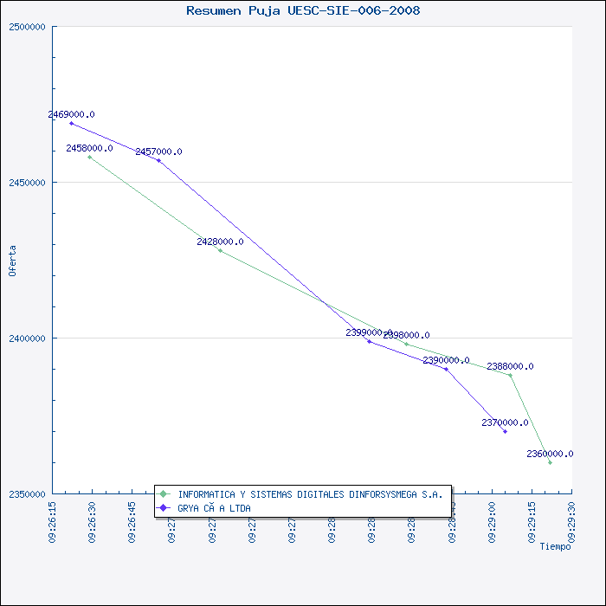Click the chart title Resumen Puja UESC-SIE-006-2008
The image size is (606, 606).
[303, 10]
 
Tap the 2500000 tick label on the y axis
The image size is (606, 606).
[29, 27]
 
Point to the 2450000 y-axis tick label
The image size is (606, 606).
[29, 183]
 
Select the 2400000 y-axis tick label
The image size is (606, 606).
[29, 338]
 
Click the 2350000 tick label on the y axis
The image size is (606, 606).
[29, 494]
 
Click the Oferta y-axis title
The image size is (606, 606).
[12, 260]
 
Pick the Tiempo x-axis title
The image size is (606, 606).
[555, 546]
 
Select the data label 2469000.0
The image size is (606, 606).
[71, 114]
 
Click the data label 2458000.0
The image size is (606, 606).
[89, 148]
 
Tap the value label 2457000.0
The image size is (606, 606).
[158, 151]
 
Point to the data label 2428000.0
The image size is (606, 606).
[220, 242]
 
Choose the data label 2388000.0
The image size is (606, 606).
[510, 366]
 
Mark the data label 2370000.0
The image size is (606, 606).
[505, 422]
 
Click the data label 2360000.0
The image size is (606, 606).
[550, 454]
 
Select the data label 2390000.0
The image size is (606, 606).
[446, 360]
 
